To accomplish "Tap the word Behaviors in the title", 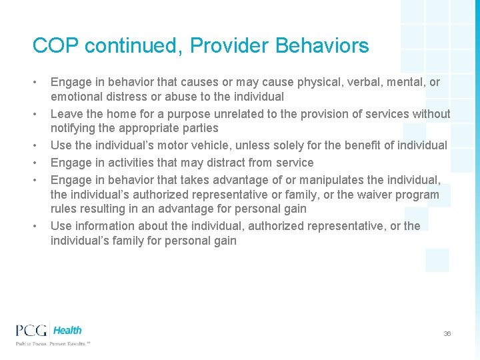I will click(322, 46).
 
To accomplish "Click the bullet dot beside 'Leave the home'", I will click(35, 114).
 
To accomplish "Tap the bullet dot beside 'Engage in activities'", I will click(35, 163).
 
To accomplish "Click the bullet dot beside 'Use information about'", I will click(35, 226).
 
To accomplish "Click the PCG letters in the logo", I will click(33, 330).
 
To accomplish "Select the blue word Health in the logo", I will click(67, 330).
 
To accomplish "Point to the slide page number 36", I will click(447, 333).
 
